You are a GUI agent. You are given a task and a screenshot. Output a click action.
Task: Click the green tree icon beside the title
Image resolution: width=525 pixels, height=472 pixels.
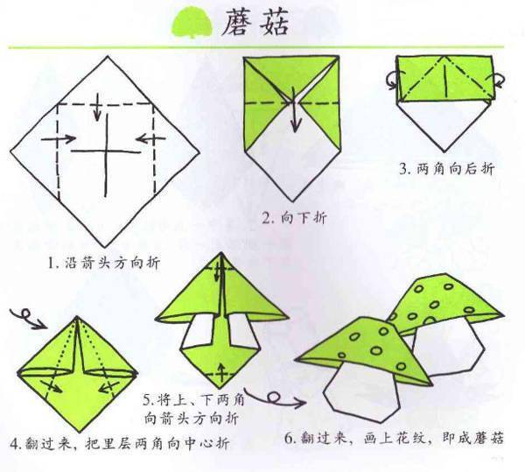pyautogui.click(x=192, y=24)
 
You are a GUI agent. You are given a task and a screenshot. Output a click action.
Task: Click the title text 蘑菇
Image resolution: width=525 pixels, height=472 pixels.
pyautogui.click(x=255, y=22)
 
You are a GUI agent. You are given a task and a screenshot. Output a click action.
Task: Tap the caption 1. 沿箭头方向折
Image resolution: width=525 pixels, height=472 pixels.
pyautogui.click(x=104, y=263)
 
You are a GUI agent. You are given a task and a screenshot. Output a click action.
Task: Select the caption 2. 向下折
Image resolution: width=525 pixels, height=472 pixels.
pyautogui.click(x=294, y=218)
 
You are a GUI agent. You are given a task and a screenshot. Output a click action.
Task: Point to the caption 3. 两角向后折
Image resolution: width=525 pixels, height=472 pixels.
pyautogui.click(x=446, y=168)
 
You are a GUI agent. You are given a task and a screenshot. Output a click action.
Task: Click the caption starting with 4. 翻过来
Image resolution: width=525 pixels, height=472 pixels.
pyautogui.click(x=120, y=443)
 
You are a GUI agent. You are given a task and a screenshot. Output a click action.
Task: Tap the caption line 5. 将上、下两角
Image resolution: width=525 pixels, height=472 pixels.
pyautogui.click(x=194, y=399)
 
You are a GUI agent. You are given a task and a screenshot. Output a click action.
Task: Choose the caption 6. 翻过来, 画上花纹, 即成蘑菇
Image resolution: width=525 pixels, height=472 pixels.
pyautogui.click(x=394, y=438)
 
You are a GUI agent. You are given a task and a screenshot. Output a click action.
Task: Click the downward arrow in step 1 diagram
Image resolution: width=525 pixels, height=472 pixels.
pyautogui.click(x=97, y=107)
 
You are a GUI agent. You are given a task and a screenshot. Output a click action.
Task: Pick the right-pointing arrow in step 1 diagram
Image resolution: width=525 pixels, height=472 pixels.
pyautogui.click(x=59, y=138)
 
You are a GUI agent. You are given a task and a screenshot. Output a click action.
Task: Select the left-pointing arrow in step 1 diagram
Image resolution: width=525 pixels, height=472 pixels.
pyautogui.click(x=151, y=138)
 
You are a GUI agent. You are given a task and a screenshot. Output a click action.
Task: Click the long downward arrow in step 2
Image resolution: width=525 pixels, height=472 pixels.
pyautogui.click(x=294, y=109)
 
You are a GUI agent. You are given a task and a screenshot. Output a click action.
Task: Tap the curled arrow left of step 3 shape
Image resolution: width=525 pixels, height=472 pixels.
pyautogui.click(x=391, y=80)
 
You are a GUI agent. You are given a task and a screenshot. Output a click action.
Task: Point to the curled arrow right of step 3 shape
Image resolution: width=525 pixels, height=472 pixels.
pyautogui.click(x=499, y=81)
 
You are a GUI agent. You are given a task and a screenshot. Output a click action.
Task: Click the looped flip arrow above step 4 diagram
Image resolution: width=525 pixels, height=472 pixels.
pyautogui.click(x=28, y=318)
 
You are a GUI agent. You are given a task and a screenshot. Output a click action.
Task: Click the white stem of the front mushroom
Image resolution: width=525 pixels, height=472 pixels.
pyautogui.click(x=361, y=392)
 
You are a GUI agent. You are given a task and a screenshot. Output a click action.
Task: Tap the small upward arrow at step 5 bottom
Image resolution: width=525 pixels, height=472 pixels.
pyautogui.click(x=221, y=372)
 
